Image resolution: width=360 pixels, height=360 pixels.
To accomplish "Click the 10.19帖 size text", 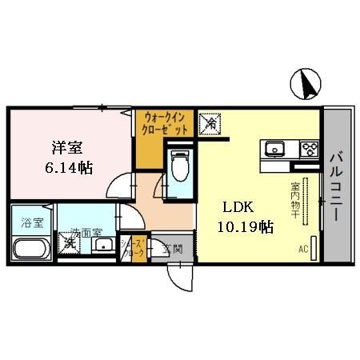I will click(245, 227).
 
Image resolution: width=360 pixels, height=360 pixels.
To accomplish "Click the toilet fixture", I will click(179, 166).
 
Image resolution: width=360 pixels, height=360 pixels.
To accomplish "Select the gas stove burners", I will click(308, 148).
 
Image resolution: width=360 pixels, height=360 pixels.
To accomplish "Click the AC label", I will click(304, 249).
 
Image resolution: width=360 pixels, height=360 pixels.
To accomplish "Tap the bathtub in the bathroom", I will click(31, 247).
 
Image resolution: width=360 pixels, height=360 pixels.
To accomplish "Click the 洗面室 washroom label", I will click(86, 233).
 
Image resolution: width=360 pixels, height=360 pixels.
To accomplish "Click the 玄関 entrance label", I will click(173, 249).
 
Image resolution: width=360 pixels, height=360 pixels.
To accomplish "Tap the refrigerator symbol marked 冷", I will click(210, 123).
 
